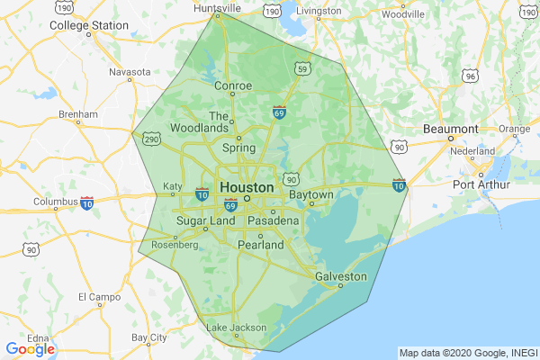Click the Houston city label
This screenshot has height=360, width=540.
[246, 187]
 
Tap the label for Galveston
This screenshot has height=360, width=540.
[341, 276]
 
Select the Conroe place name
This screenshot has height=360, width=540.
[233, 86]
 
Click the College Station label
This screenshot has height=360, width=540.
[88, 25]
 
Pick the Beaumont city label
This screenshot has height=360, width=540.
[450, 129]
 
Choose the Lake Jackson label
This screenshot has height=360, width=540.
[237, 328]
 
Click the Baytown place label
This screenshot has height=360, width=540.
[311, 194]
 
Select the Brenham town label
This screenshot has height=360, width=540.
[77, 115]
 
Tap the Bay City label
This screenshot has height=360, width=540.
[149, 337]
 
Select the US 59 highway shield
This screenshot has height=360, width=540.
[302, 68]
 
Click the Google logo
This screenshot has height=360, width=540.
[30, 349]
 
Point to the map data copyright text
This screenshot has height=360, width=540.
[468, 353]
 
